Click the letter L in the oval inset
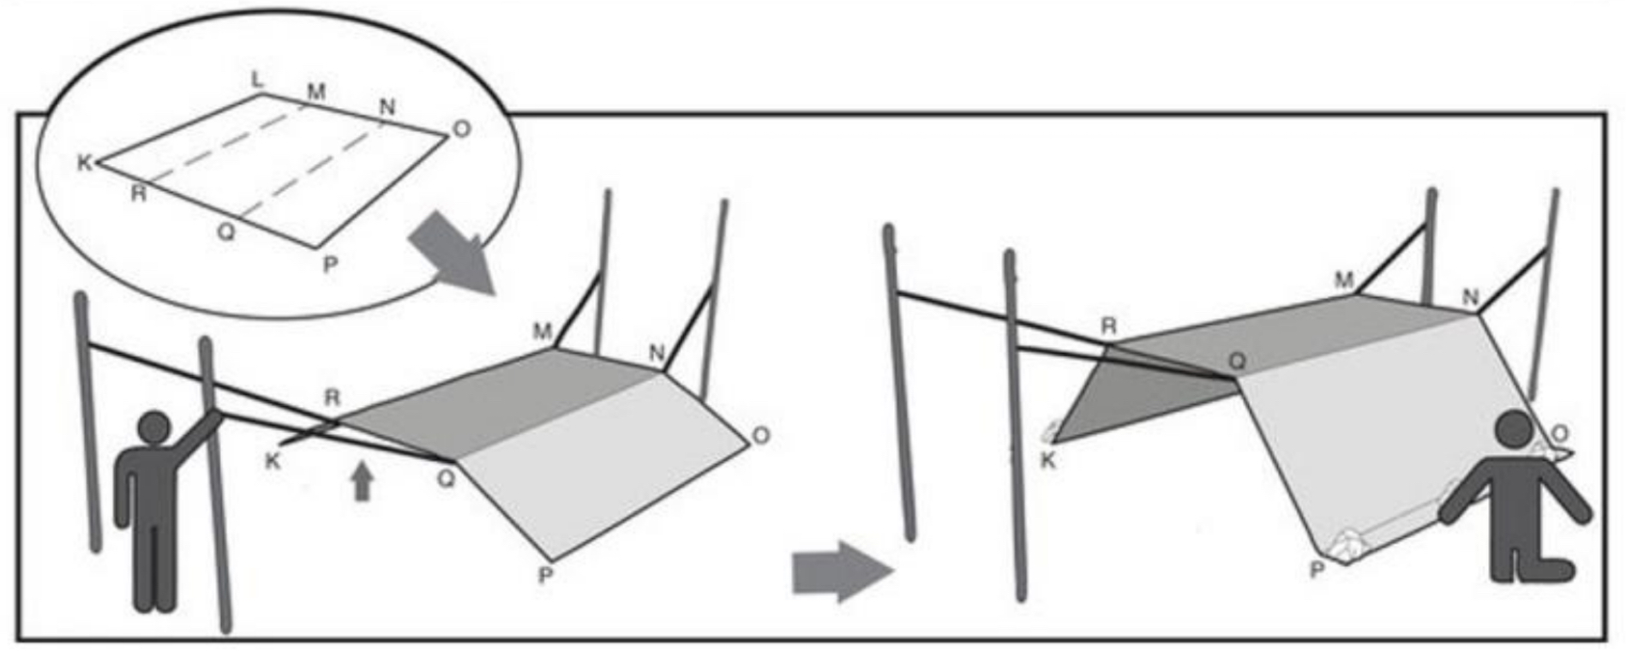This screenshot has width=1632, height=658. click(257, 81)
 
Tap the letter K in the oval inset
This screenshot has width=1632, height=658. click(85, 163)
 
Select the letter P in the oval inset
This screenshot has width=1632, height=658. click(330, 265)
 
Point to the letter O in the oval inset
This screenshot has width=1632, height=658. click(461, 129)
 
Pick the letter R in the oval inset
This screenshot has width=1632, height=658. click(138, 194)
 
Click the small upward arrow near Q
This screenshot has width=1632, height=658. click(363, 480)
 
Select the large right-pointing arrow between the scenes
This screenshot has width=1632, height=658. click(843, 571)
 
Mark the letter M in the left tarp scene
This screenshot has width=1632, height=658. click(542, 332)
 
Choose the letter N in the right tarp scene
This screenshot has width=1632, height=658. click(1470, 297)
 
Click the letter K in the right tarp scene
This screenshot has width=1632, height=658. click(1047, 460)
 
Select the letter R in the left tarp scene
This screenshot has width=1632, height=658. click(333, 398)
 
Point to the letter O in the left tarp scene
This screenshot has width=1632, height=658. click(760, 436)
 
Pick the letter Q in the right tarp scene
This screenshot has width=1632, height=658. click(1237, 362)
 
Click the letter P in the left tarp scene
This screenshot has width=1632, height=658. click(546, 576)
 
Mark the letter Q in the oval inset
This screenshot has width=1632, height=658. click(225, 231)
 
